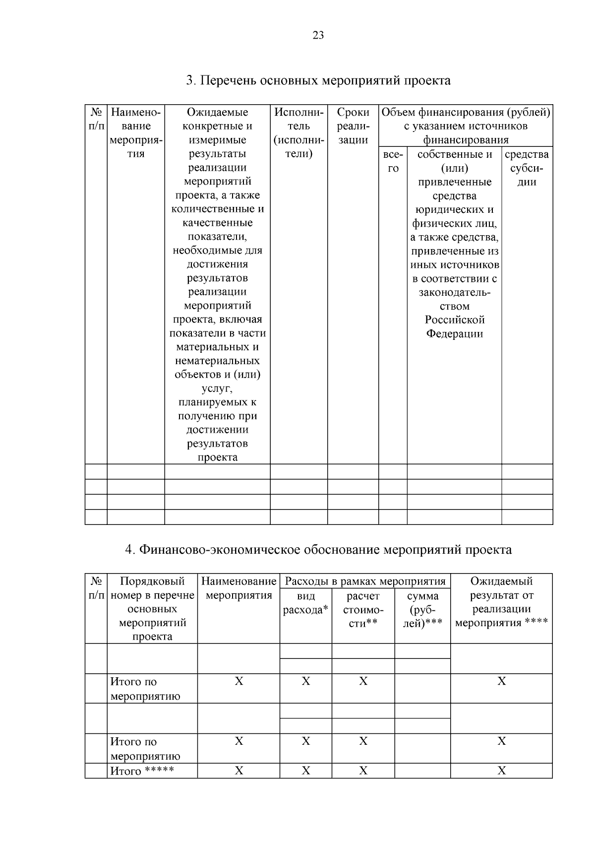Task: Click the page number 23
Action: [318, 35]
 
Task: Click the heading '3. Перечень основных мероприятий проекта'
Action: [318, 80]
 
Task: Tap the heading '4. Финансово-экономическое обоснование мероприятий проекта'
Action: [318, 550]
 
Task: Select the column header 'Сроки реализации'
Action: [353, 126]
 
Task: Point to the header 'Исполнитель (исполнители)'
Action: [298, 133]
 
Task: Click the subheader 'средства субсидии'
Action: [527, 168]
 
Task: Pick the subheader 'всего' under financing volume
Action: [393, 162]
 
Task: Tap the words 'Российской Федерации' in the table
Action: [454, 326]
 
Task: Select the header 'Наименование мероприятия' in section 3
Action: [136, 133]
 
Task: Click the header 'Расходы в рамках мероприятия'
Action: [365, 581]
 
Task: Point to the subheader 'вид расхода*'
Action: [305, 603]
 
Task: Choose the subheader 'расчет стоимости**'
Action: [363, 609]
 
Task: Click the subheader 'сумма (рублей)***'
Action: [422, 609]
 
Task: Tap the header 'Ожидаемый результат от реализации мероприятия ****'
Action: [501, 602]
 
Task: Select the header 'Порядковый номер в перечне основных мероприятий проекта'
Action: [152, 609]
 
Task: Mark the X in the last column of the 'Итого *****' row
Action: [501, 771]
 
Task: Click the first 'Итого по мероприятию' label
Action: [145, 689]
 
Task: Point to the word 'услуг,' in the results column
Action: [217, 388]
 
